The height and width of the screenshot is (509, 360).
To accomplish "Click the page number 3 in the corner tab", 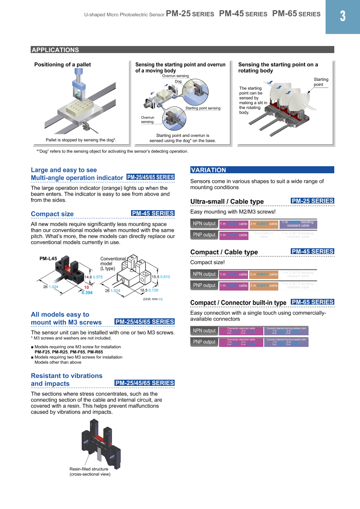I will pyautogui.click(x=343, y=17).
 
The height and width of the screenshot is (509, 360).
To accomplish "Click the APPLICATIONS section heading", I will pyautogui.click(x=55, y=50).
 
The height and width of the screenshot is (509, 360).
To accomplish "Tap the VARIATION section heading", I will pyautogui.click(x=209, y=170).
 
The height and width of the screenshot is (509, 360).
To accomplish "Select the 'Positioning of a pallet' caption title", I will pyautogui.click(x=63, y=65).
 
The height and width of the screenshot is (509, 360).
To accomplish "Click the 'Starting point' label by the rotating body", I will pyautogui.click(x=321, y=82).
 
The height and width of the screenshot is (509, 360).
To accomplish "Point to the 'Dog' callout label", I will pyautogui.click(x=178, y=82).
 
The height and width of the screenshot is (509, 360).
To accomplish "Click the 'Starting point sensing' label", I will pyautogui.click(x=203, y=108).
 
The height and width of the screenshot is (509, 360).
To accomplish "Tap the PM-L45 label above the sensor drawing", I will pyautogui.click(x=48, y=259).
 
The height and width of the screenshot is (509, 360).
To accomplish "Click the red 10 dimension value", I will pyautogui.click(x=87, y=287).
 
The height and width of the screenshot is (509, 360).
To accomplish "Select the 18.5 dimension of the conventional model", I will pyautogui.click(x=144, y=291).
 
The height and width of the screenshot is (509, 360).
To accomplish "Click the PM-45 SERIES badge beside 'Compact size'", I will pyautogui.click(x=153, y=213).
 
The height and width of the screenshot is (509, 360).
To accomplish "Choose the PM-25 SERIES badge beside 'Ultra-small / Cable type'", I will pyautogui.click(x=312, y=201).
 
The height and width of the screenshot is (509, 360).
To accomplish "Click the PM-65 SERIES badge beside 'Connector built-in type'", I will pyautogui.click(x=312, y=302).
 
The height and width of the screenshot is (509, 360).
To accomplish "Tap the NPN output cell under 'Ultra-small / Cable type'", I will pyautogui.click(x=204, y=224).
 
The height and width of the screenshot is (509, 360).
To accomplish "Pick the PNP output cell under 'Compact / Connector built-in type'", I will pyautogui.click(x=204, y=342).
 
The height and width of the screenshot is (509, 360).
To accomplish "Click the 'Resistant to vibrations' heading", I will pyautogui.click(x=66, y=376).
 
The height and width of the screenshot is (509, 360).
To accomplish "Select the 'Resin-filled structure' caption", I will pyautogui.click(x=89, y=469).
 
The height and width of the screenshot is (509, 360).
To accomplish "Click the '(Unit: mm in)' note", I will pyautogui.click(x=153, y=299).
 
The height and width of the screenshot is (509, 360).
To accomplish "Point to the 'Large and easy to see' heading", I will pyautogui.click(x=64, y=170).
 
